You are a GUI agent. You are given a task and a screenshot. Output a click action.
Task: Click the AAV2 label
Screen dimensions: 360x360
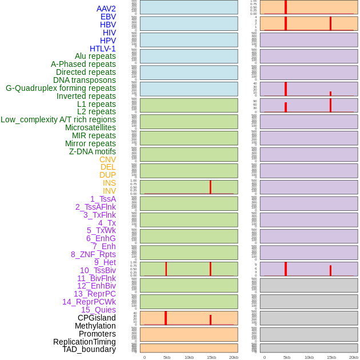(106, 9)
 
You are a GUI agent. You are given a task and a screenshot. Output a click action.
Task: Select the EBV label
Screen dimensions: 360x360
(108, 17)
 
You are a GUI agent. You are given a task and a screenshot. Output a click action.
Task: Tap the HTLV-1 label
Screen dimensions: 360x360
(103, 49)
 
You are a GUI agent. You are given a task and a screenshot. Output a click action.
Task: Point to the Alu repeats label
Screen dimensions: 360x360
(95, 56)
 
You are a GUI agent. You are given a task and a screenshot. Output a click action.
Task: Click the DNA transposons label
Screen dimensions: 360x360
(85, 80)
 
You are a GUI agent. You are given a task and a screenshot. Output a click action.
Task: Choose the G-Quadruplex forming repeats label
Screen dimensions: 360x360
(61, 88)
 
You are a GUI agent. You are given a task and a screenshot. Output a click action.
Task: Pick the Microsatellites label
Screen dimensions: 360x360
(90, 127)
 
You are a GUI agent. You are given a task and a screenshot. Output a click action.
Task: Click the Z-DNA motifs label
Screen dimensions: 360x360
(93, 151)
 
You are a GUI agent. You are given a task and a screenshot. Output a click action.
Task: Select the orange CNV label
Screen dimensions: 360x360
(107, 159)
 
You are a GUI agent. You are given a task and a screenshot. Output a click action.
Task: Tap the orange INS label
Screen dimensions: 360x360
(109, 183)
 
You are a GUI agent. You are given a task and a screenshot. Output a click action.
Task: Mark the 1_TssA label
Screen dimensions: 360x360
(103, 199)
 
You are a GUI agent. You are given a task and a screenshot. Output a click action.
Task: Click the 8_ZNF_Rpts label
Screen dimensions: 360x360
(93, 254)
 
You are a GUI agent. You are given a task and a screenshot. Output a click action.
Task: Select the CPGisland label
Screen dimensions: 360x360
(97, 318)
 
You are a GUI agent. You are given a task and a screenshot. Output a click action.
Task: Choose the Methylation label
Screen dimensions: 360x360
(95, 326)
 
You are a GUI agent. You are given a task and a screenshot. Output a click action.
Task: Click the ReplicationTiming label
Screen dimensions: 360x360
(85, 342)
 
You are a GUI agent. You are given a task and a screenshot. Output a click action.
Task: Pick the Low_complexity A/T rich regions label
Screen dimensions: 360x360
(58, 119)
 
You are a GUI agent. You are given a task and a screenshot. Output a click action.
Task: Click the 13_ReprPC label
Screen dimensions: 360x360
(94, 294)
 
